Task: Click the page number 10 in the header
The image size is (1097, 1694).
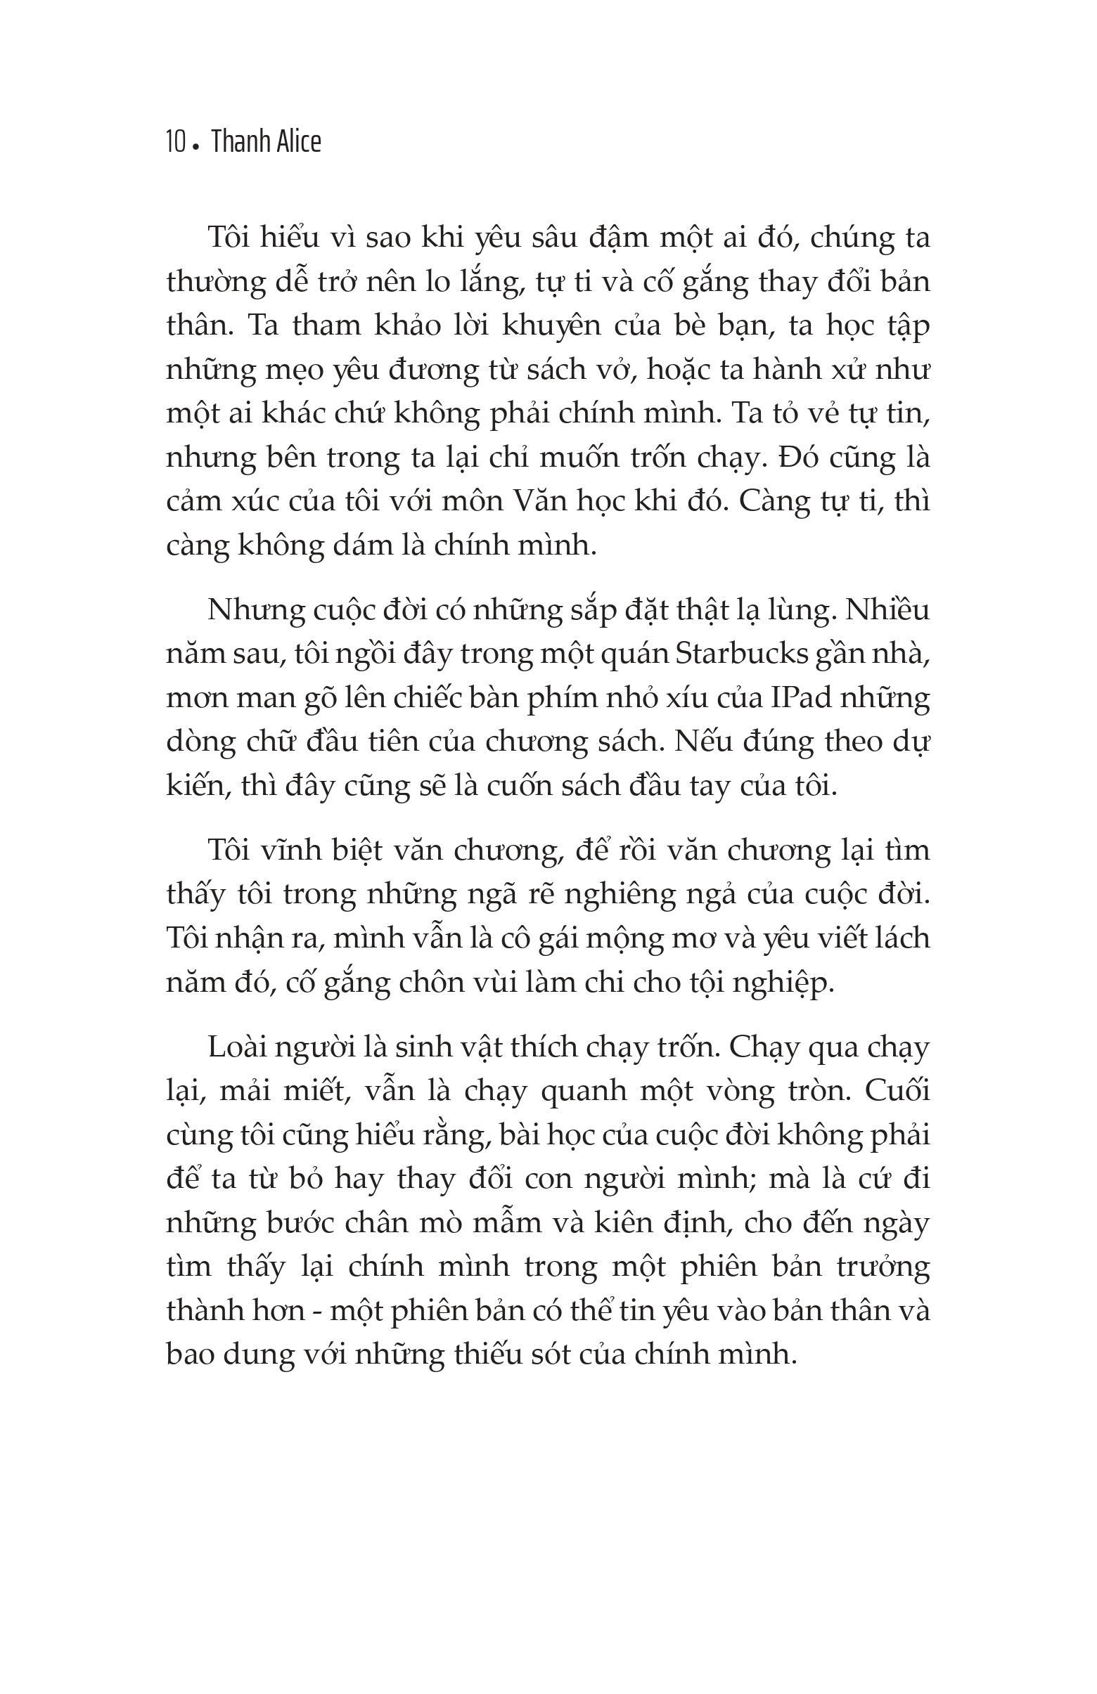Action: (174, 142)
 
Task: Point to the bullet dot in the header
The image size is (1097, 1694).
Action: (195, 148)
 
